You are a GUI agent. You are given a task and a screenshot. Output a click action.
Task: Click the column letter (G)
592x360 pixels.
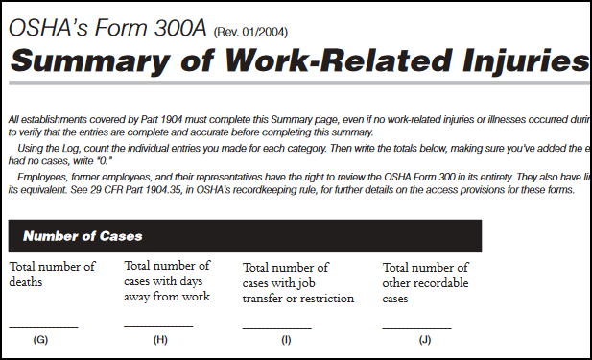[x=40, y=340]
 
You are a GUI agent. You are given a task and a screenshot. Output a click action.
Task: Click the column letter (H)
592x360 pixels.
[x=159, y=340]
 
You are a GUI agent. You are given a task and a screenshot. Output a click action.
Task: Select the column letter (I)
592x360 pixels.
[x=285, y=340]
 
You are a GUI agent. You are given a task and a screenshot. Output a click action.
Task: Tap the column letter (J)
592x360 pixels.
[x=425, y=340]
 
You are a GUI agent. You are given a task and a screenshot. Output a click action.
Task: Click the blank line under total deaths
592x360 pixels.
[x=43, y=327]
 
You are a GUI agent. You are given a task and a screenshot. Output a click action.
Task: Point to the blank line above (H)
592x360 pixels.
[x=158, y=326]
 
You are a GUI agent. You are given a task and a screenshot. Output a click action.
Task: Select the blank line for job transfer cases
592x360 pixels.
[x=277, y=327]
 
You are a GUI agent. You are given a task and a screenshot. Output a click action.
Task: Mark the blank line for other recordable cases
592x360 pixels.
[x=416, y=327]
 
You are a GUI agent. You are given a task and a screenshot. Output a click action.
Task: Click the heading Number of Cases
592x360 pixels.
[x=83, y=235]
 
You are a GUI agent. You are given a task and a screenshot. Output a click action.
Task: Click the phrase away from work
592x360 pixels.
[x=167, y=296]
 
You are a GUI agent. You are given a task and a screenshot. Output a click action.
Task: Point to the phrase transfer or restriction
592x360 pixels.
[x=298, y=298]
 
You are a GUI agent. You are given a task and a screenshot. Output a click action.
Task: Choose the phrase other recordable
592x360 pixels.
[x=426, y=282]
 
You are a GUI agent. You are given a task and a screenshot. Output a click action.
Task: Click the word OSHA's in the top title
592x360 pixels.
[x=44, y=26]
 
